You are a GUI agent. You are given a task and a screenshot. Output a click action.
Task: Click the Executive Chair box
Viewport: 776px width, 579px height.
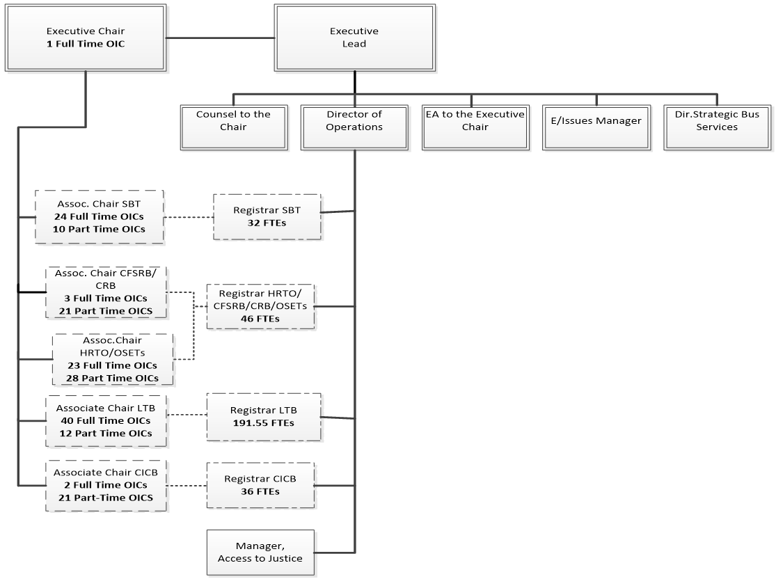pyautogui.click(x=86, y=38)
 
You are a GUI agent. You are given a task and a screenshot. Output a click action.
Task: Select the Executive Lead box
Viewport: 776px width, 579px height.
pyautogui.click(x=354, y=38)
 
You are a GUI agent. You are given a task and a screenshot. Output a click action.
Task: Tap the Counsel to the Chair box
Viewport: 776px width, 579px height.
pyautogui.click(x=233, y=127)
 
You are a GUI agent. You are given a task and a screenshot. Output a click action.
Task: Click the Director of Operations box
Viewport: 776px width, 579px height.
pyautogui.click(x=354, y=127)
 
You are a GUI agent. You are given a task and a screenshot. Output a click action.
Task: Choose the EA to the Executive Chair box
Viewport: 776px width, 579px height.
pyautogui.click(x=475, y=127)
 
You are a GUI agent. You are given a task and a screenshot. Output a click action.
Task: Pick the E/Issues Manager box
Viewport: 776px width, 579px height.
pyautogui.click(x=596, y=127)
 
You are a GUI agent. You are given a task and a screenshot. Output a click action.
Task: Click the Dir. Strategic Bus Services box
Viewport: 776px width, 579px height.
pyautogui.click(x=716, y=127)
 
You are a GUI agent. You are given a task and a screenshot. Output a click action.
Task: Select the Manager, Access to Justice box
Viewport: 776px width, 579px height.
pyautogui.click(x=260, y=553)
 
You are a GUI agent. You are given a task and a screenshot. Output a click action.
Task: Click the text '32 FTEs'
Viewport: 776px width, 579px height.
pyautogui.click(x=267, y=223)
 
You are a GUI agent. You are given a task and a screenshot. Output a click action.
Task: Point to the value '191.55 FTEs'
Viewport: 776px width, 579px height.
pyautogui.click(x=264, y=422)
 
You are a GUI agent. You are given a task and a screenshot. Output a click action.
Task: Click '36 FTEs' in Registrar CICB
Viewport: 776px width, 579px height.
pyautogui.click(x=260, y=491)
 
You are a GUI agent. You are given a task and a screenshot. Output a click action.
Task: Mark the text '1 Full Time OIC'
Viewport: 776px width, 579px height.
pyautogui.click(x=86, y=44)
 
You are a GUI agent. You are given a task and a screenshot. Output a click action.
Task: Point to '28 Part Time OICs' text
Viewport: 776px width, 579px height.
pyautogui.click(x=113, y=378)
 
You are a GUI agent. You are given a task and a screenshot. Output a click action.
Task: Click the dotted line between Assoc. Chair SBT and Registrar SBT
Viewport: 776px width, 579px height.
pyautogui.click(x=189, y=217)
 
